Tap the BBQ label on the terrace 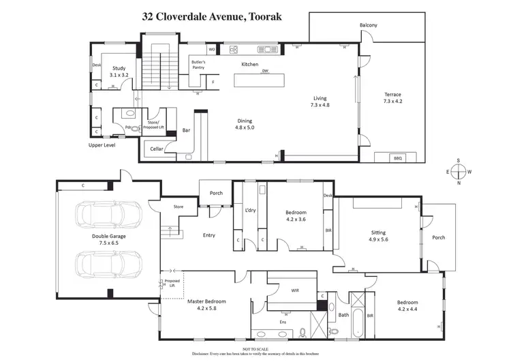(399, 158)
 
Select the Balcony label (369, 25)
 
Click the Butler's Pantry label (198, 65)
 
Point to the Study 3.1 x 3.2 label (119, 72)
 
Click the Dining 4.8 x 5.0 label (244, 123)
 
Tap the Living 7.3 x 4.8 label (320, 102)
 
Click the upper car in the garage (109, 216)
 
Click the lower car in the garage (109, 264)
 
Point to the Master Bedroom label (206, 304)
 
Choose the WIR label (295, 290)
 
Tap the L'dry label (250, 210)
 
